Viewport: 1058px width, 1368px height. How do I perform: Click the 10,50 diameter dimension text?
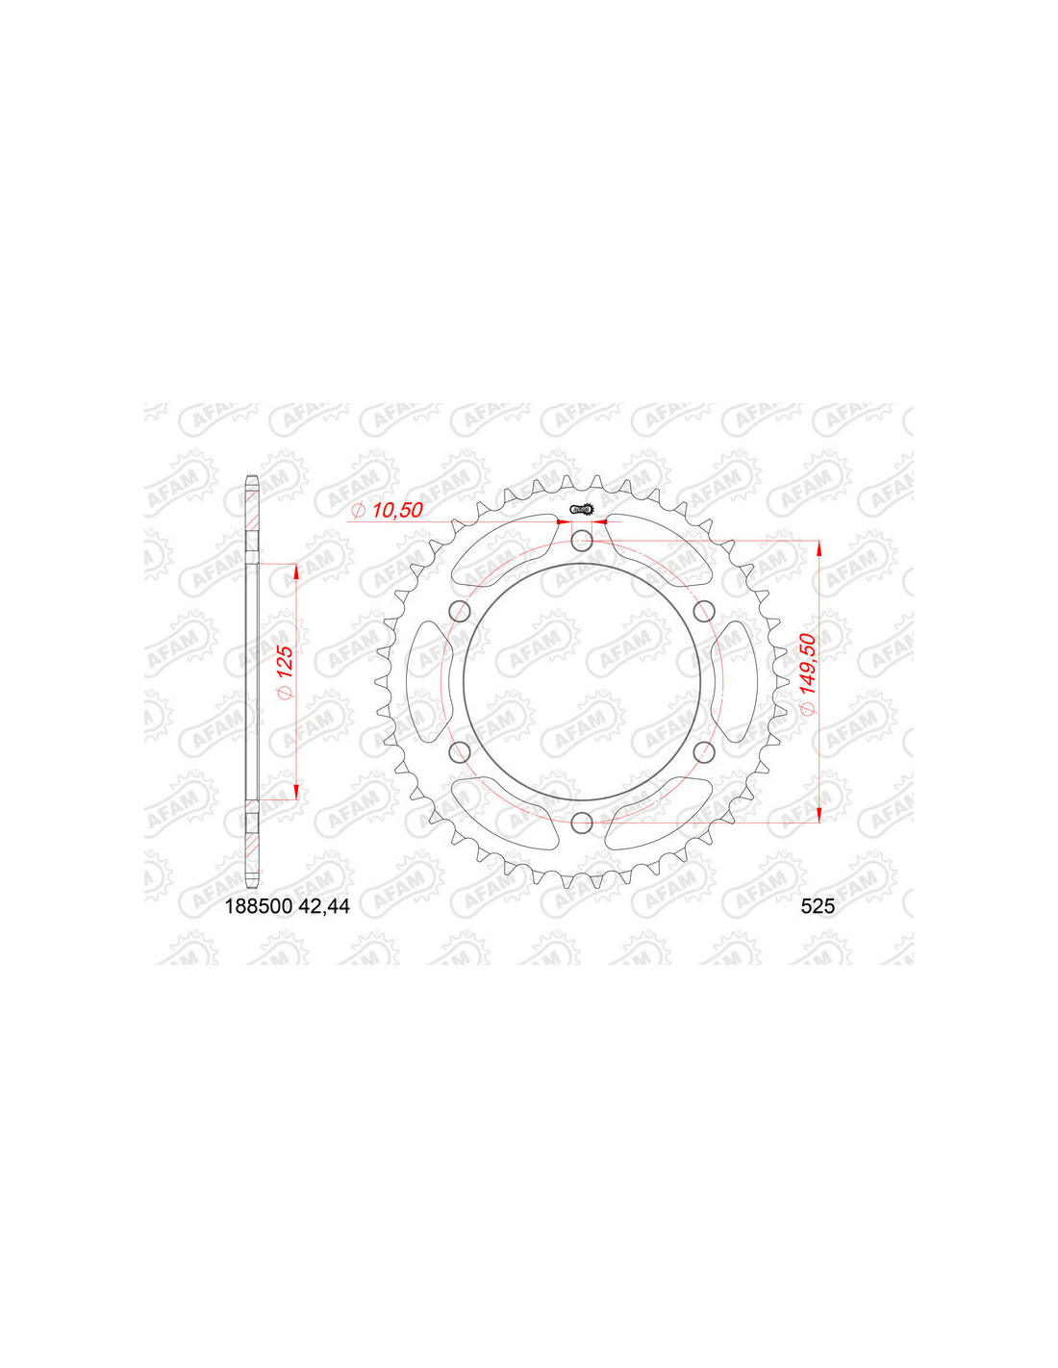pyautogui.click(x=397, y=510)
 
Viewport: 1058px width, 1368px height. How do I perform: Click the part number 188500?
pyautogui.click(x=259, y=906)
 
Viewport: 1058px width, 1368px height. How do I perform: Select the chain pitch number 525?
pyautogui.click(x=818, y=906)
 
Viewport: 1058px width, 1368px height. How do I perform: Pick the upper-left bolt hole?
pyautogui.click(x=461, y=610)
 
